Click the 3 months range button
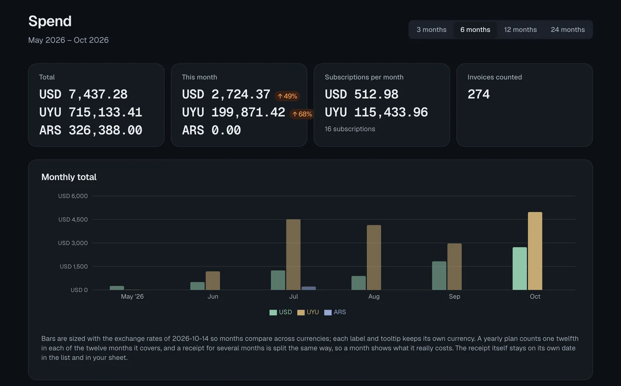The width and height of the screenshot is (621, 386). tap(431, 29)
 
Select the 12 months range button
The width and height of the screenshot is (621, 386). tap(520, 29)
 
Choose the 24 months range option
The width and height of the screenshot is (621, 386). tap(567, 29)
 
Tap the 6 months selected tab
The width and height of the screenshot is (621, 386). tap(475, 29)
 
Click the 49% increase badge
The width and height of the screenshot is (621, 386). tap(287, 96)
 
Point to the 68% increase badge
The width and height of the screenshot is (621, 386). tap(302, 114)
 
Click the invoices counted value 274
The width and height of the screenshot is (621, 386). tap(479, 94)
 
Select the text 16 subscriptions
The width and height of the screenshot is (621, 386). tap(350, 129)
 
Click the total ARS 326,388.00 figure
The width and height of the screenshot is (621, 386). tap(91, 130)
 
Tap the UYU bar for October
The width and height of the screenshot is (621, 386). tap(535, 251)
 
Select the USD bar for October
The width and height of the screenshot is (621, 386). tap(520, 269)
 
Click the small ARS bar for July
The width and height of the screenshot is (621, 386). tap(309, 288)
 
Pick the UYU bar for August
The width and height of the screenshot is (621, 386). tap(374, 257)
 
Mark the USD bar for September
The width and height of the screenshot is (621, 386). tap(439, 276)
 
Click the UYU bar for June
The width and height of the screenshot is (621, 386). tap(213, 281)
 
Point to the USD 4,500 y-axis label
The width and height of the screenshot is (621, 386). tap(73, 219)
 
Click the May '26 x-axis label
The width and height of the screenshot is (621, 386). tap(132, 296)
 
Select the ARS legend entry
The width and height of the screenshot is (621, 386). tap(335, 312)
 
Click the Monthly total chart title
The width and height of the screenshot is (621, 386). tap(69, 177)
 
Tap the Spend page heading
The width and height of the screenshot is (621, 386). tap(50, 21)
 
